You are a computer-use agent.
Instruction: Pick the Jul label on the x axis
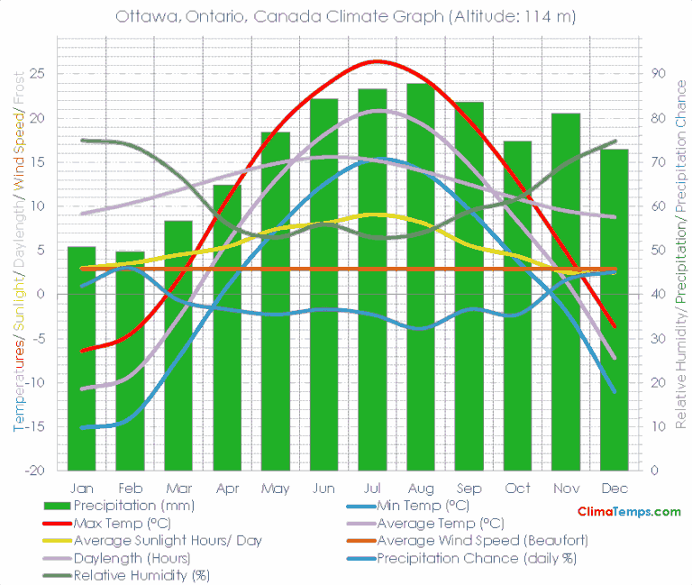372,488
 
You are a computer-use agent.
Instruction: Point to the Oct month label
517,488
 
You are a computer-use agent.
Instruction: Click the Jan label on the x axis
82,488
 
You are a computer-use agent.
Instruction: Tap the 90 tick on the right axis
659,74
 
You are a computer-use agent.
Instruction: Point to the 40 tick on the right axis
659,294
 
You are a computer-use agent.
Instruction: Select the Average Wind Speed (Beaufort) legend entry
482,540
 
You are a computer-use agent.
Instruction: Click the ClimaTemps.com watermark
629,511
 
